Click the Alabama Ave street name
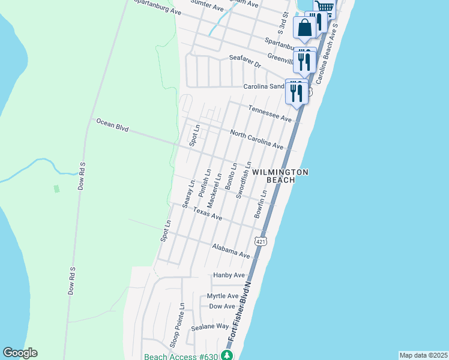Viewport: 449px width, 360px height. pos(231,251)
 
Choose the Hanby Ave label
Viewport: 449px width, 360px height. pos(229,275)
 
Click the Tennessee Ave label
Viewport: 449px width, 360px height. pos(270,113)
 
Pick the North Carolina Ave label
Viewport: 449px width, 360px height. pos(256,140)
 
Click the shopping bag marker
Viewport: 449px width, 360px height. pos(304,28)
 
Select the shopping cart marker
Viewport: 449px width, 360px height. pos(325,7)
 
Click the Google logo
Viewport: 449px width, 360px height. pos(20,353)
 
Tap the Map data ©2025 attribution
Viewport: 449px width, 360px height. pos(423,355)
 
